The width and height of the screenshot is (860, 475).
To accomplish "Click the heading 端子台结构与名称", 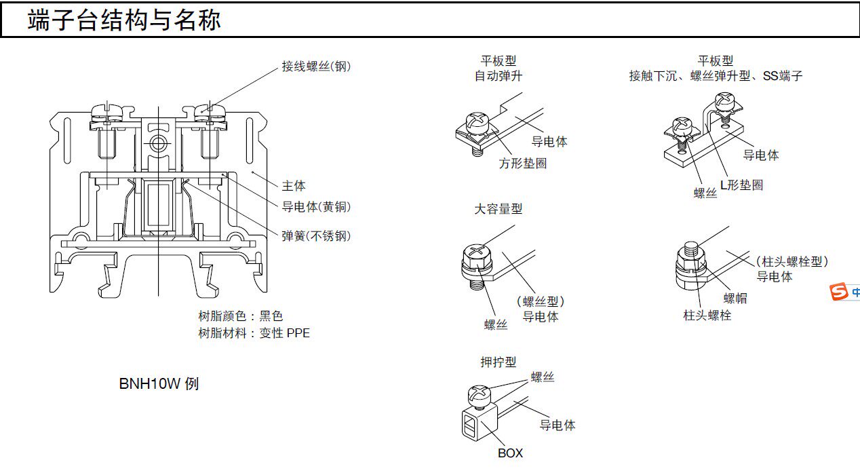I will coord(124,20).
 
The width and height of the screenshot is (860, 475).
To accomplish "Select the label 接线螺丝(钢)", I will coord(317,66).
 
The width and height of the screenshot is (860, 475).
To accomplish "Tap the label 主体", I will coord(294,185).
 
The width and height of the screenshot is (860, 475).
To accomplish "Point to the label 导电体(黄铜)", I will coord(317,207).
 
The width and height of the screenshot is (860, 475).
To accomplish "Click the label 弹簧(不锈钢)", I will coord(317,235).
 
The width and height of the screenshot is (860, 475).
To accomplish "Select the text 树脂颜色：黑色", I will coord(240,316).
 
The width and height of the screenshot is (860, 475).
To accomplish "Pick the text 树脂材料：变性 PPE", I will coord(254,333).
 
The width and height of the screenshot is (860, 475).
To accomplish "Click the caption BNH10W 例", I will coord(159,384).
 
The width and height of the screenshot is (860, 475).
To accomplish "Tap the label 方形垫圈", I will coord(523,164).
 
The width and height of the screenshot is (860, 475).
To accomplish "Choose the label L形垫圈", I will coord(741,185).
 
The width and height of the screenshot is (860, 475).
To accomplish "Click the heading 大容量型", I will coord(499,210).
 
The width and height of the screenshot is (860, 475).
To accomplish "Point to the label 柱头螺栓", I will coord(707,316).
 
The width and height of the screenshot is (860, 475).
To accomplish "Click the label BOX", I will coord(510,453).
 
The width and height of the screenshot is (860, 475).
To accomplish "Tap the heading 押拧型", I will coord(499,363).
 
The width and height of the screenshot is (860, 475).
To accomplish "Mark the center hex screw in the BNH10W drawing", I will coord(157,143).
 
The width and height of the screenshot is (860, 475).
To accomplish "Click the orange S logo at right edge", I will coord(840,292).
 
